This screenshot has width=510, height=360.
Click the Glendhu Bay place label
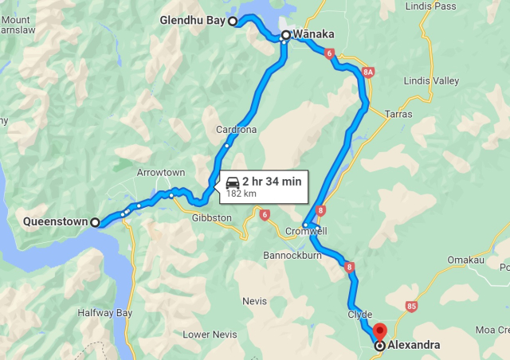click(192, 21)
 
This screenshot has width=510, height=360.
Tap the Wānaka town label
click(312, 34)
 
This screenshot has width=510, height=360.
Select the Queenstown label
click(54, 222)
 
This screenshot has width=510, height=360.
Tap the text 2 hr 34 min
click(272, 182)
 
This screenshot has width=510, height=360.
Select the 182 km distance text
click(241, 194)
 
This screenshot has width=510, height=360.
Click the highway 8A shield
click(367, 72)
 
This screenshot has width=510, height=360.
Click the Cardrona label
click(235, 130)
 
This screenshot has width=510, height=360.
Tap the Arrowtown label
click(160, 173)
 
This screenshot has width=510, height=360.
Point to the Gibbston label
click(211, 217)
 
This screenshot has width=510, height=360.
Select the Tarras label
click(398, 114)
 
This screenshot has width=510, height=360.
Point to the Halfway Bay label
click(104, 313)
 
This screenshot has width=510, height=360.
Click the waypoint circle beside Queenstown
click(96, 222)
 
